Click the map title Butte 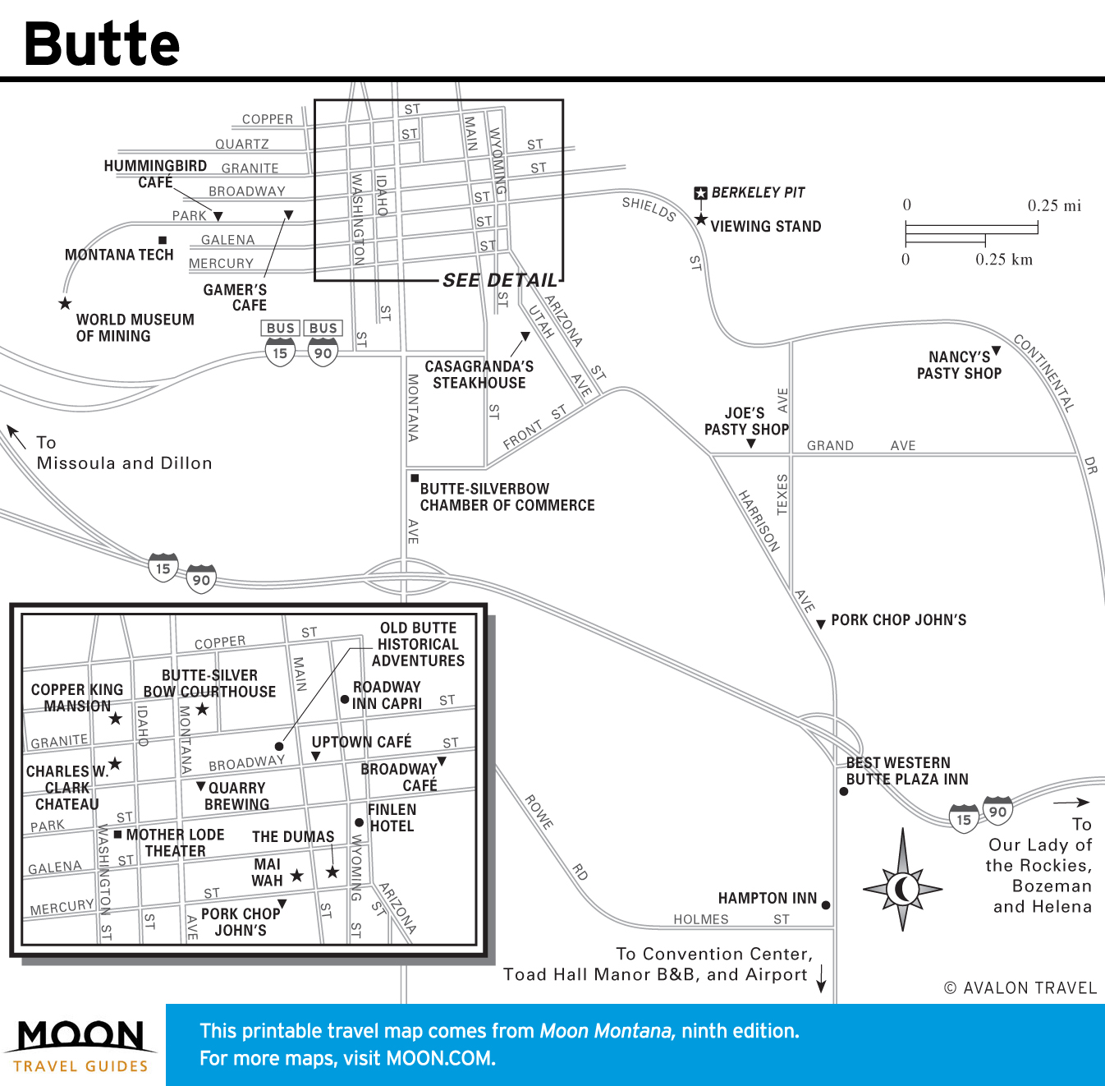pyautogui.click(x=102, y=44)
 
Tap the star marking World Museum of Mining pyautogui.click(x=65, y=304)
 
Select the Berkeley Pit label pyautogui.click(x=758, y=193)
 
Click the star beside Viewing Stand pyautogui.click(x=701, y=220)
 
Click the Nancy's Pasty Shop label pyautogui.click(x=959, y=366)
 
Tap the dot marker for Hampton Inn pyautogui.click(x=826, y=905)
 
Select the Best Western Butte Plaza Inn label pyautogui.click(x=906, y=771)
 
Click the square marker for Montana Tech pyautogui.click(x=163, y=241)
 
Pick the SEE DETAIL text pyautogui.click(x=500, y=281)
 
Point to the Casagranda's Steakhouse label pyautogui.click(x=479, y=375)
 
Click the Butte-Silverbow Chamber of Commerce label pyautogui.click(x=507, y=497)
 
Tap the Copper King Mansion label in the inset pyautogui.click(x=77, y=697)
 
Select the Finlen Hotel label pyautogui.click(x=392, y=817)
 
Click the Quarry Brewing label pyautogui.click(x=236, y=796)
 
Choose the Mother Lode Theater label pyautogui.click(x=175, y=843)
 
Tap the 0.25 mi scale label pyautogui.click(x=1054, y=206)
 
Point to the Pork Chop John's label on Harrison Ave pyautogui.click(x=898, y=620)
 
